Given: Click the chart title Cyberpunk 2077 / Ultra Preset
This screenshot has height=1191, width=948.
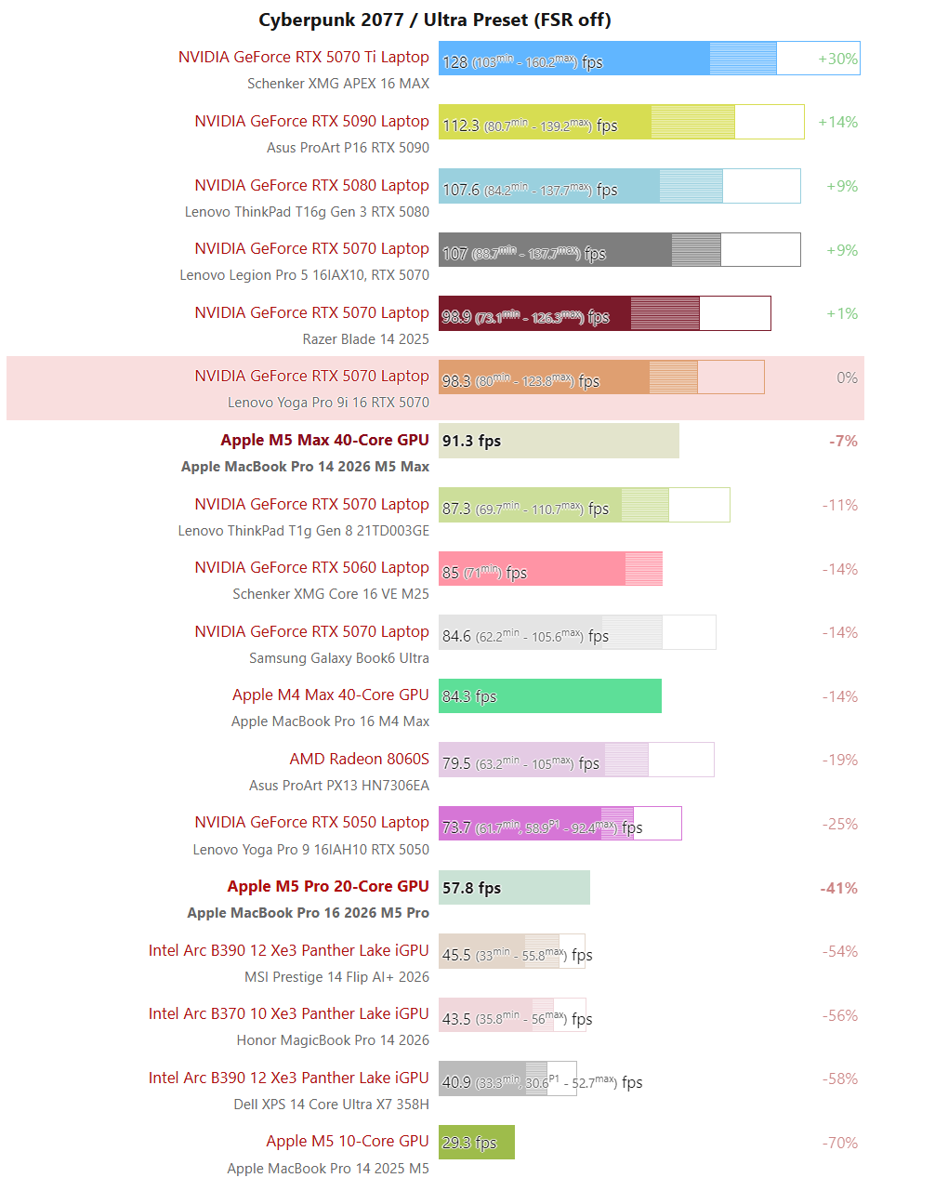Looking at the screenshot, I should (x=434, y=20).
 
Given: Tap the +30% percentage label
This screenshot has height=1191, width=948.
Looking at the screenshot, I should (x=837, y=59).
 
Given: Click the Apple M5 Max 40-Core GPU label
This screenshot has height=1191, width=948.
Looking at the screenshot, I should (x=324, y=440).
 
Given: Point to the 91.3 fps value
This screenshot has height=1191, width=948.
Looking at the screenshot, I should (x=471, y=441).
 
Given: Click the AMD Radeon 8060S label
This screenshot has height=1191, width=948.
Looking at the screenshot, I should (x=359, y=759).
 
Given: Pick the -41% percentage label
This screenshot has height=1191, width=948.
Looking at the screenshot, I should (x=838, y=888).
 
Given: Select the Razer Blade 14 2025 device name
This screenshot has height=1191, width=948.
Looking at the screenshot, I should (x=365, y=339).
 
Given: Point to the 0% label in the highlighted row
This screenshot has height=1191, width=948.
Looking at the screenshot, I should (x=847, y=377).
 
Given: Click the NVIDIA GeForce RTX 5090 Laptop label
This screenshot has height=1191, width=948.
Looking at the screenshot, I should (x=311, y=121).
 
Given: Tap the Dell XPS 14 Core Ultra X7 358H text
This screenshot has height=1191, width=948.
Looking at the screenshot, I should (x=331, y=1105).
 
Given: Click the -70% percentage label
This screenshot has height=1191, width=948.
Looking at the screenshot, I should (x=839, y=1143).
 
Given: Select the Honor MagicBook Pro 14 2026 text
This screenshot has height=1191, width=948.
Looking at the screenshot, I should (x=333, y=1040).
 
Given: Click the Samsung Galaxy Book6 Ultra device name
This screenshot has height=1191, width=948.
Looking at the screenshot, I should (x=338, y=658).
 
